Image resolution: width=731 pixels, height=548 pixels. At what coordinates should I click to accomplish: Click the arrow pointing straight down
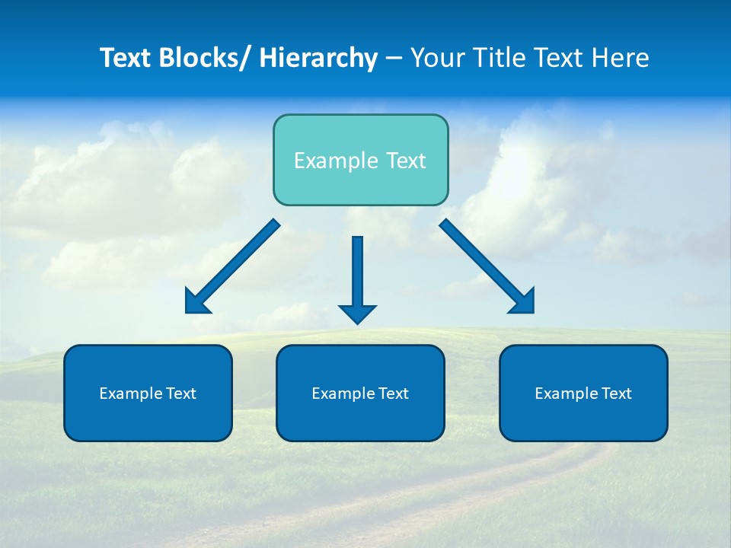pyautogui.click(x=357, y=274)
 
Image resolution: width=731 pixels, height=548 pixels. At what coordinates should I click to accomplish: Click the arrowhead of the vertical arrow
pyautogui.click(x=357, y=314)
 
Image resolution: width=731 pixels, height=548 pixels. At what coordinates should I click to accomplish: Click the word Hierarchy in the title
pyautogui.click(x=318, y=58)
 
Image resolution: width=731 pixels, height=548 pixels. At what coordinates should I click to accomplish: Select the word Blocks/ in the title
pyautogui.click(x=205, y=58)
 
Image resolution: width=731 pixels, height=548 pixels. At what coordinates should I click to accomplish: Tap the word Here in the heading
pyautogui.click(x=621, y=58)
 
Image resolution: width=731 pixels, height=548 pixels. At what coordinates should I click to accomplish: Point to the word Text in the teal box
pyautogui.click(x=405, y=161)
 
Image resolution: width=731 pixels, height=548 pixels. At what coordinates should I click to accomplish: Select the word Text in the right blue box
pyautogui.click(x=616, y=393)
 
